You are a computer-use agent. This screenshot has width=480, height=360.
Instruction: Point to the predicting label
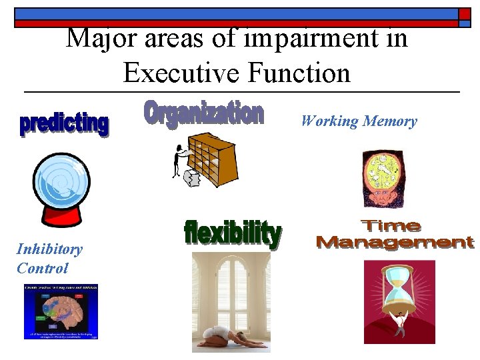pos(63,123)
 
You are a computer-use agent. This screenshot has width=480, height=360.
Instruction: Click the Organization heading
pos(204,113)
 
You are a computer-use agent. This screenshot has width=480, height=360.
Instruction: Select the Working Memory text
pos(359,121)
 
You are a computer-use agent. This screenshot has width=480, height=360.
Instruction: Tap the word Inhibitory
pos(49,249)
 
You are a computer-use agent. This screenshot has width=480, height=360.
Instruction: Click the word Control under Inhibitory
pos(42,268)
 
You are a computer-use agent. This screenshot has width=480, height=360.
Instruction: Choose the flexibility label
pos(232,233)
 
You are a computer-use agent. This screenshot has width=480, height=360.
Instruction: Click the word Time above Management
pos(391,225)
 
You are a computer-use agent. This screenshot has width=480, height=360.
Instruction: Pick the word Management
pos(395,241)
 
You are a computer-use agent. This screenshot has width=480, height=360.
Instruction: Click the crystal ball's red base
pos(63,214)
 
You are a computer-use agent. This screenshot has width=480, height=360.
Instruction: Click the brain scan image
pos(61,312)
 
